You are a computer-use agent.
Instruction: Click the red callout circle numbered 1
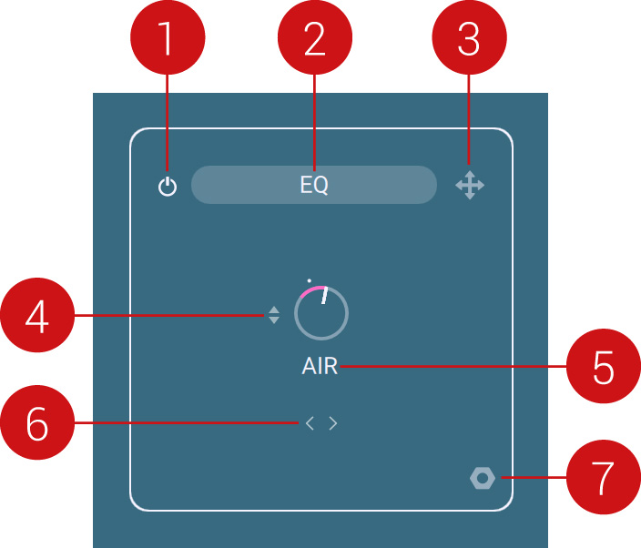tap(167, 38)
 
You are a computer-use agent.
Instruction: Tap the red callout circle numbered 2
tap(314, 38)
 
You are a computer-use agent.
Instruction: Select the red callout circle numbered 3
tap(468, 38)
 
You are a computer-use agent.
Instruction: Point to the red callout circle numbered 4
tap(36, 316)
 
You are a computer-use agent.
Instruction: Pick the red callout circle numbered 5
tap(604, 367)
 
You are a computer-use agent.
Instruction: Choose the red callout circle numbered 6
tap(36, 423)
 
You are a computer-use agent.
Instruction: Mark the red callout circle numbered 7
tap(604, 477)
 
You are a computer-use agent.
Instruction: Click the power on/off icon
tap(167, 188)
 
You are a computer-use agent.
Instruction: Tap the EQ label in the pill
tap(314, 186)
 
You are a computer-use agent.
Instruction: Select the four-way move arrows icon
tap(470, 186)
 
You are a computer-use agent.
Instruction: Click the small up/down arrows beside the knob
tap(274, 316)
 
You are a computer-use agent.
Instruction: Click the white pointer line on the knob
tap(324, 294)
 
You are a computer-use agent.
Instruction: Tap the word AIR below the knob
tap(320, 367)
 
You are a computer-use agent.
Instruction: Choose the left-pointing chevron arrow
tap(310, 423)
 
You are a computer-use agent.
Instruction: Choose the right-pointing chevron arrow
tap(333, 423)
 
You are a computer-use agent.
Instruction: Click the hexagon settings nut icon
tap(482, 478)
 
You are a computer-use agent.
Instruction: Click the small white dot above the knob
tap(310, 279)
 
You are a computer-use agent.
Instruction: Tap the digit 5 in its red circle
tap(604, 367)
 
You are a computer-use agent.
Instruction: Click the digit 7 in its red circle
tap(604, 477)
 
